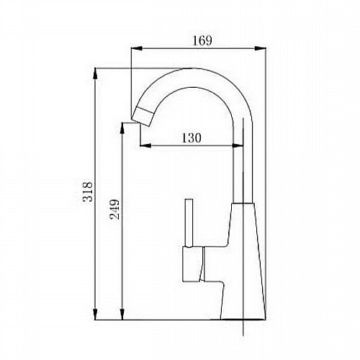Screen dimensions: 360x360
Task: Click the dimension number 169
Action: pyautogui.click(x=202, y=40)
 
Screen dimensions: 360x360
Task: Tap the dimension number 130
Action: pyautogui.click(x=191, y=138)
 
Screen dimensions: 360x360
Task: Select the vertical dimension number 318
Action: pyautogui.click(x=87, y=192)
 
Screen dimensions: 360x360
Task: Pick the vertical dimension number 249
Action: pyautogui.click(x=114, y=210)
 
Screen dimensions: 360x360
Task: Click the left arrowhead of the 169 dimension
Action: pyautogui.click(x=137, y=48)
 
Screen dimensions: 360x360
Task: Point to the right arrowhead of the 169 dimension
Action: pyautogui.click(x=260, y=48)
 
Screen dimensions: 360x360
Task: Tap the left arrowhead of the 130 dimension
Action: pyautogui.click(x=145, y=145)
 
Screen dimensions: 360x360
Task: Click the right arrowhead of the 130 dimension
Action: pyautogui.click(x=238, y=145)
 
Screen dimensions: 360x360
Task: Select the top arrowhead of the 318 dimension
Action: pyautogui.click(x=95, y=73)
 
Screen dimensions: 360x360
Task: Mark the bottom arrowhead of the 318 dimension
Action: pyautogui.click(x=95, y=314)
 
